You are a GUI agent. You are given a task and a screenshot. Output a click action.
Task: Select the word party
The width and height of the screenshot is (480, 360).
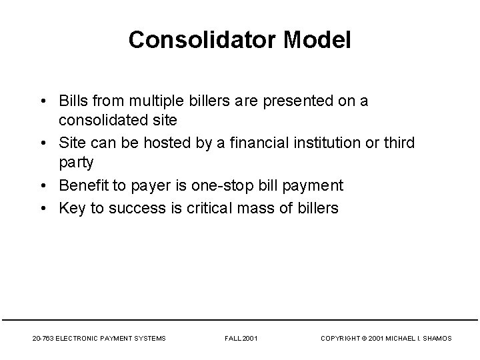coord(77,162)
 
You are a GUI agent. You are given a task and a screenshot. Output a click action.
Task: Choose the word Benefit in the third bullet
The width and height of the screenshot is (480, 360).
coord(85,185)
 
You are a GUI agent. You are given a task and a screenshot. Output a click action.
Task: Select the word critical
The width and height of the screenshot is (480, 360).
coord(200,208)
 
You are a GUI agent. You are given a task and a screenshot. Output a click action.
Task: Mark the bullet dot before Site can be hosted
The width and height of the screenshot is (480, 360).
coord(43,143)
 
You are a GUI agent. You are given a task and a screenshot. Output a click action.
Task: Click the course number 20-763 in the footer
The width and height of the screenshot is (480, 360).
coord(43,339)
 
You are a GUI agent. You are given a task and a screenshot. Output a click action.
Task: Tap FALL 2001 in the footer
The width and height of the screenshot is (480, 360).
coord(241,339)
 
